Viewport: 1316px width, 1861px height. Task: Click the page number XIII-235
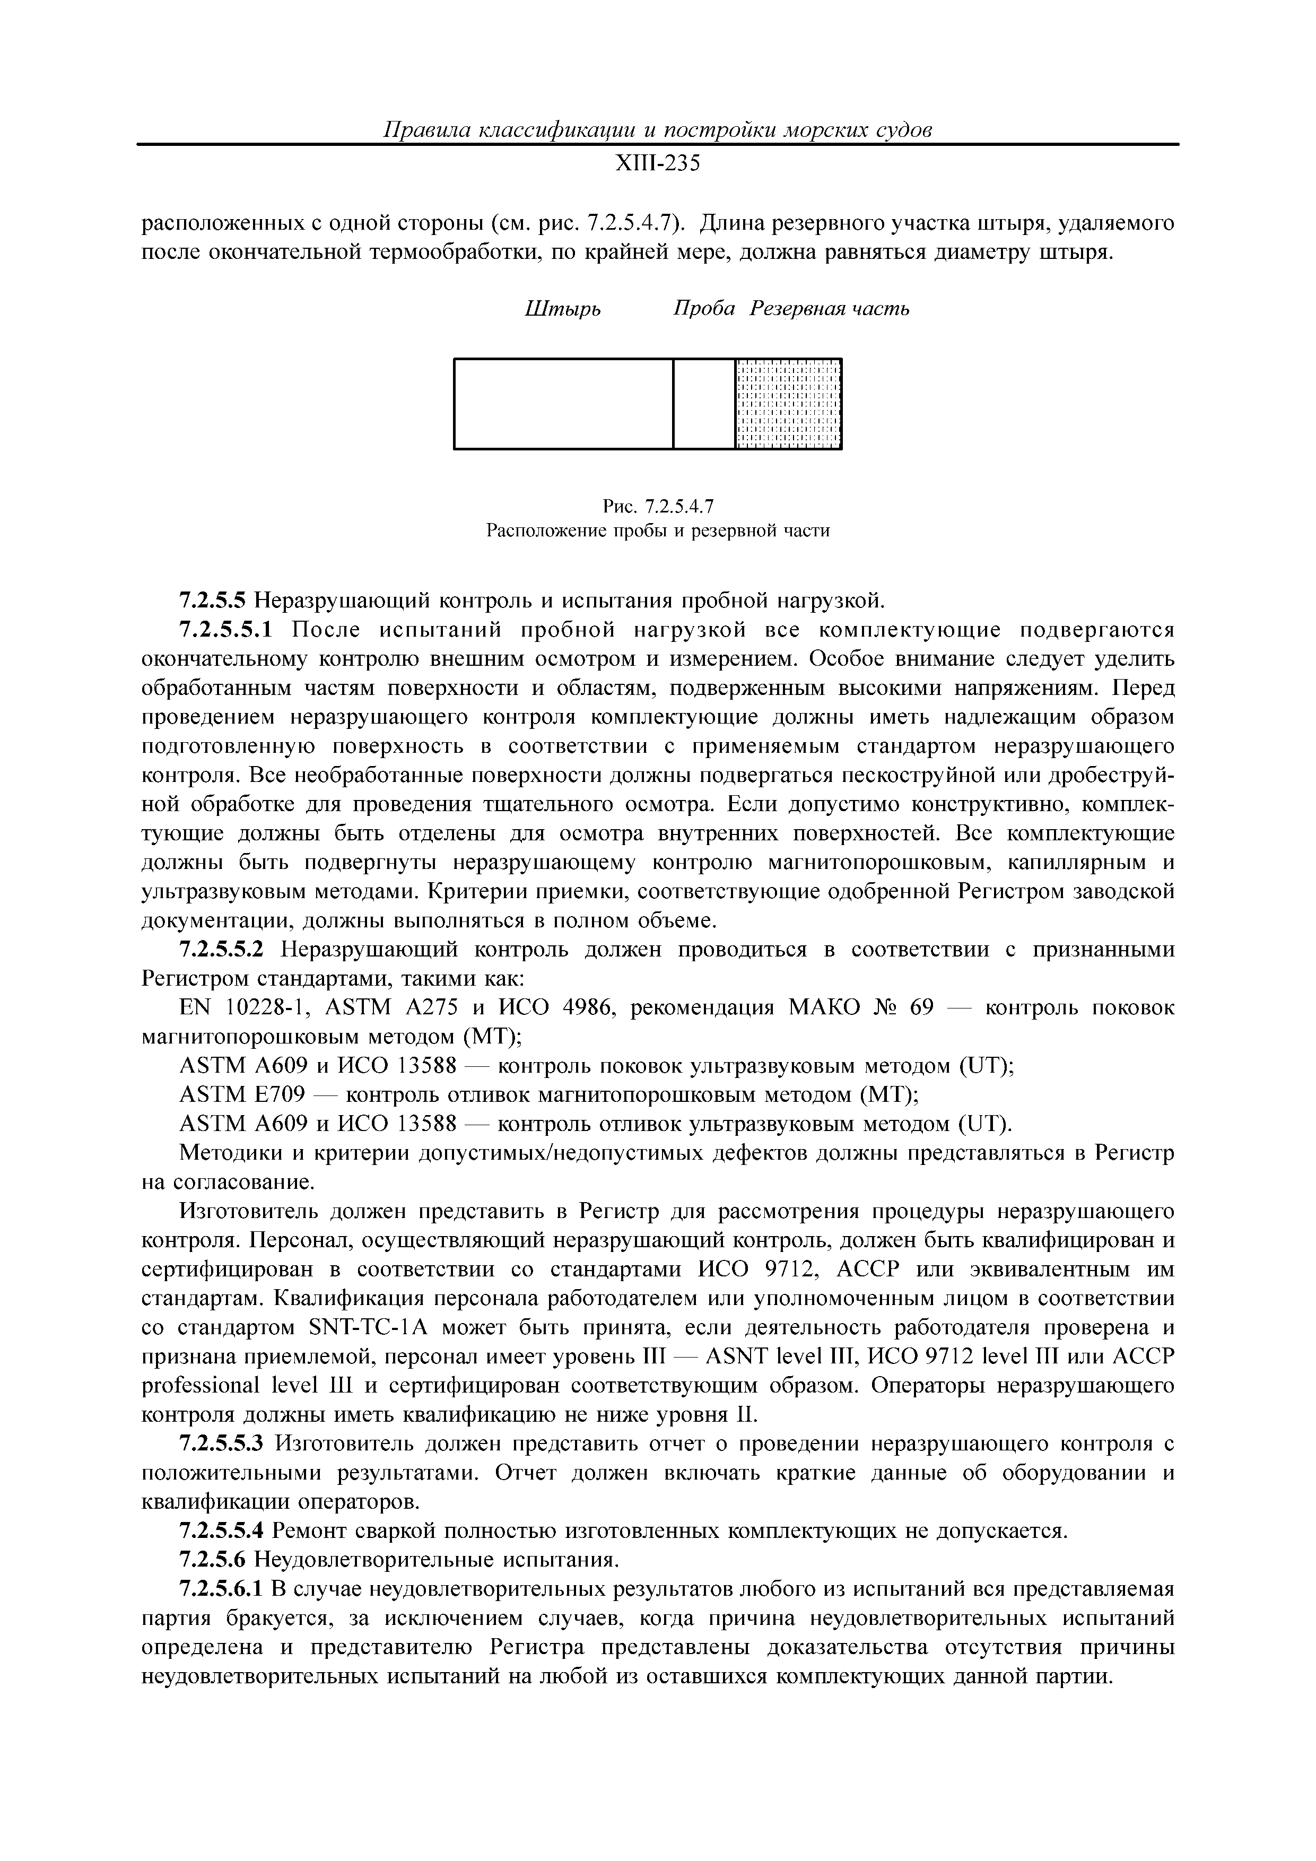[657, 164]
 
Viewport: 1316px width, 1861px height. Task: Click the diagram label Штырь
[563, 309]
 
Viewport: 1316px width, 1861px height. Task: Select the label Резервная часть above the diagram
[829, 309]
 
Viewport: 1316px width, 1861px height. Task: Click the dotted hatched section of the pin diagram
[788, 404]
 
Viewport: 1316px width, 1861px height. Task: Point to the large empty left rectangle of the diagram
[563, 404]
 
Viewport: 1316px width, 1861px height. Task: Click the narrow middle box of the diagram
[703, 404]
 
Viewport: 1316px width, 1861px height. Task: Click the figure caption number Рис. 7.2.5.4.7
[657, 507]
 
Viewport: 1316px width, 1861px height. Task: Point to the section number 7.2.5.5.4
[221, 1531]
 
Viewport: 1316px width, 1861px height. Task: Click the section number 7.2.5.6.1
[221, 1589]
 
